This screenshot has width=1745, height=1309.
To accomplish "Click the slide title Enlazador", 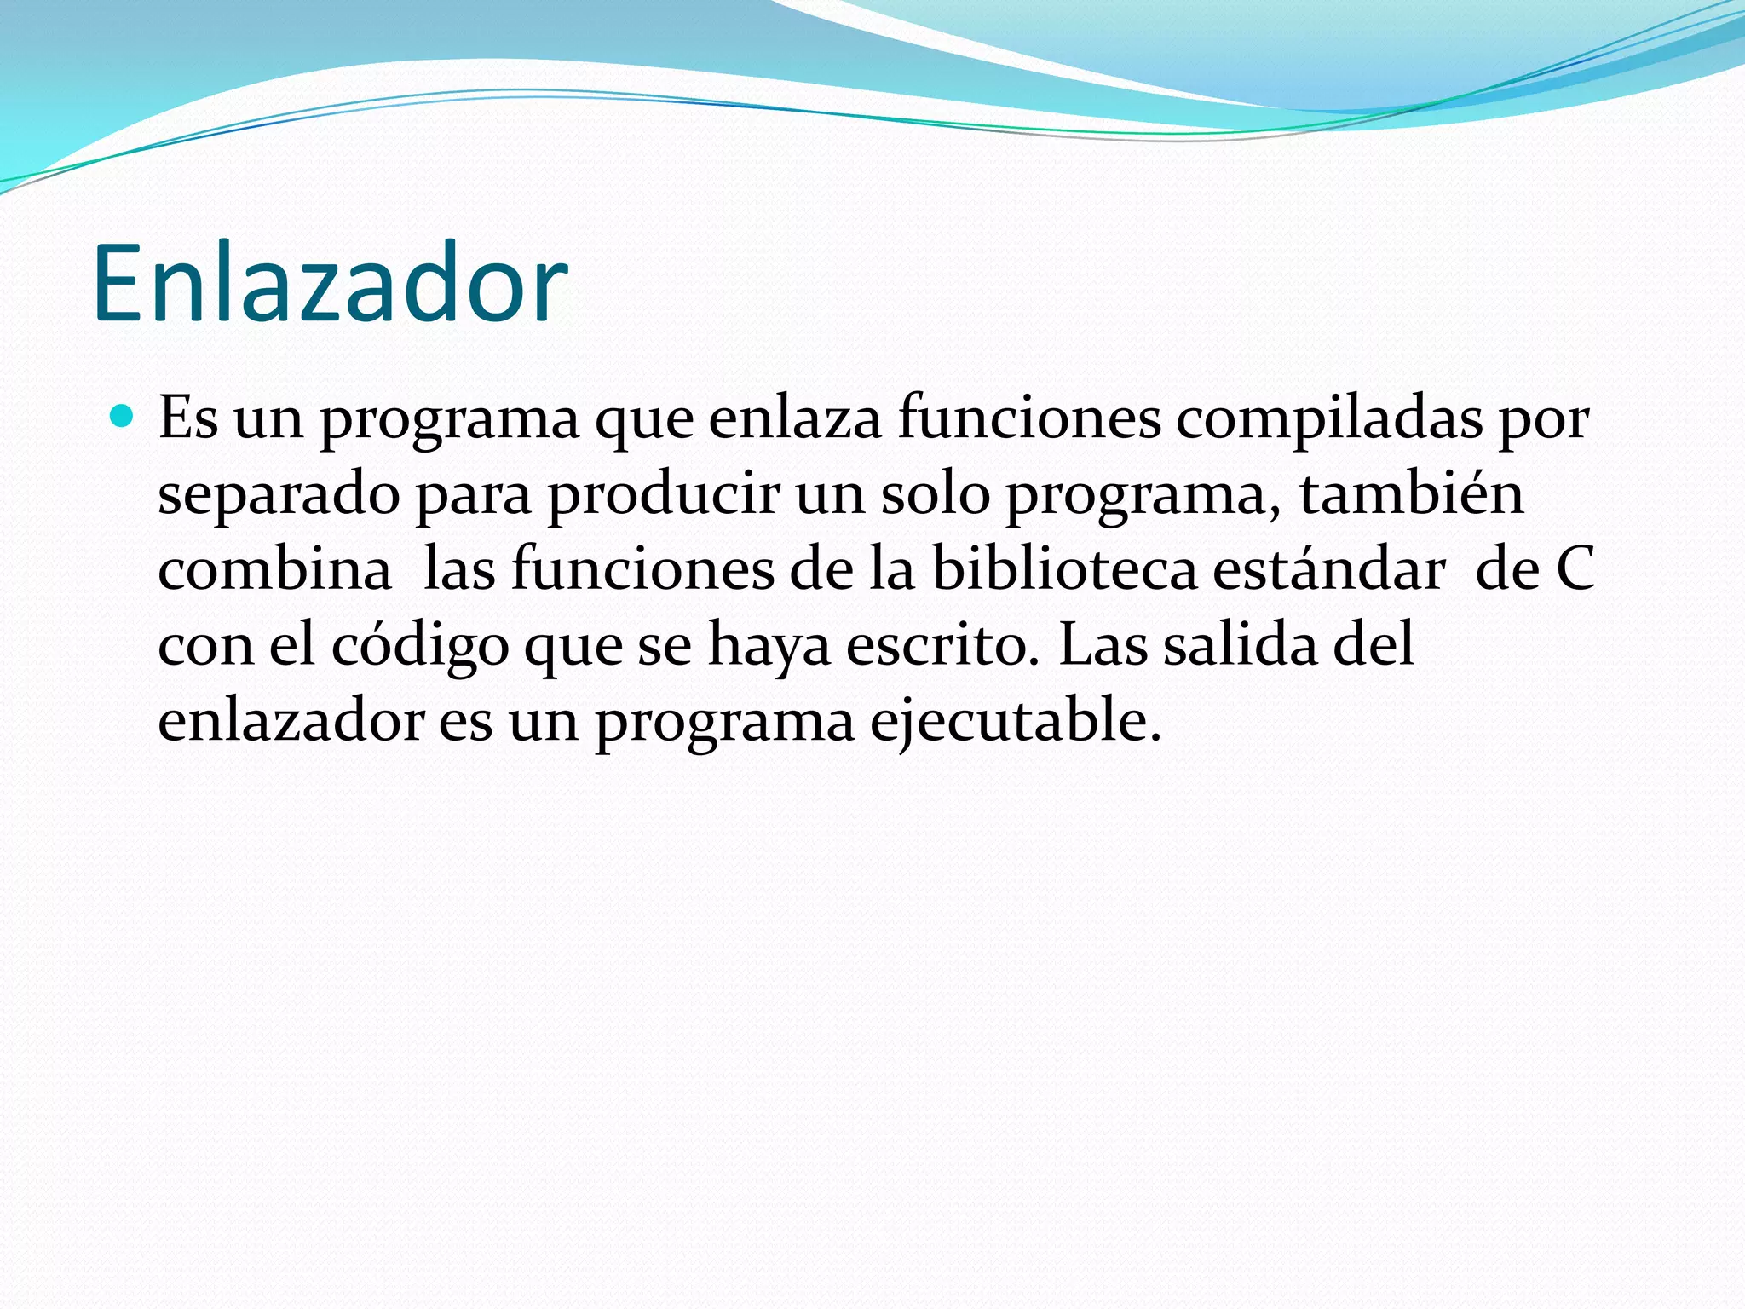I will coord(330,284).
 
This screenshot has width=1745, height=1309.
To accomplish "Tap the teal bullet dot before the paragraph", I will coord(123,417).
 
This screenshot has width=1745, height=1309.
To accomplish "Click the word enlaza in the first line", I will coord(794,418).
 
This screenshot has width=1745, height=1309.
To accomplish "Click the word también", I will coord(1411,493).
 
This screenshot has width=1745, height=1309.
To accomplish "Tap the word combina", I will coord(274,569).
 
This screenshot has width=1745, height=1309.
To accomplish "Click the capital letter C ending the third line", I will coord(1575,570).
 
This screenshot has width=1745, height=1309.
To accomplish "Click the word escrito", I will coord(942,645).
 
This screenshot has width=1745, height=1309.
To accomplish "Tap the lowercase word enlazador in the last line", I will coord(291,720).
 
